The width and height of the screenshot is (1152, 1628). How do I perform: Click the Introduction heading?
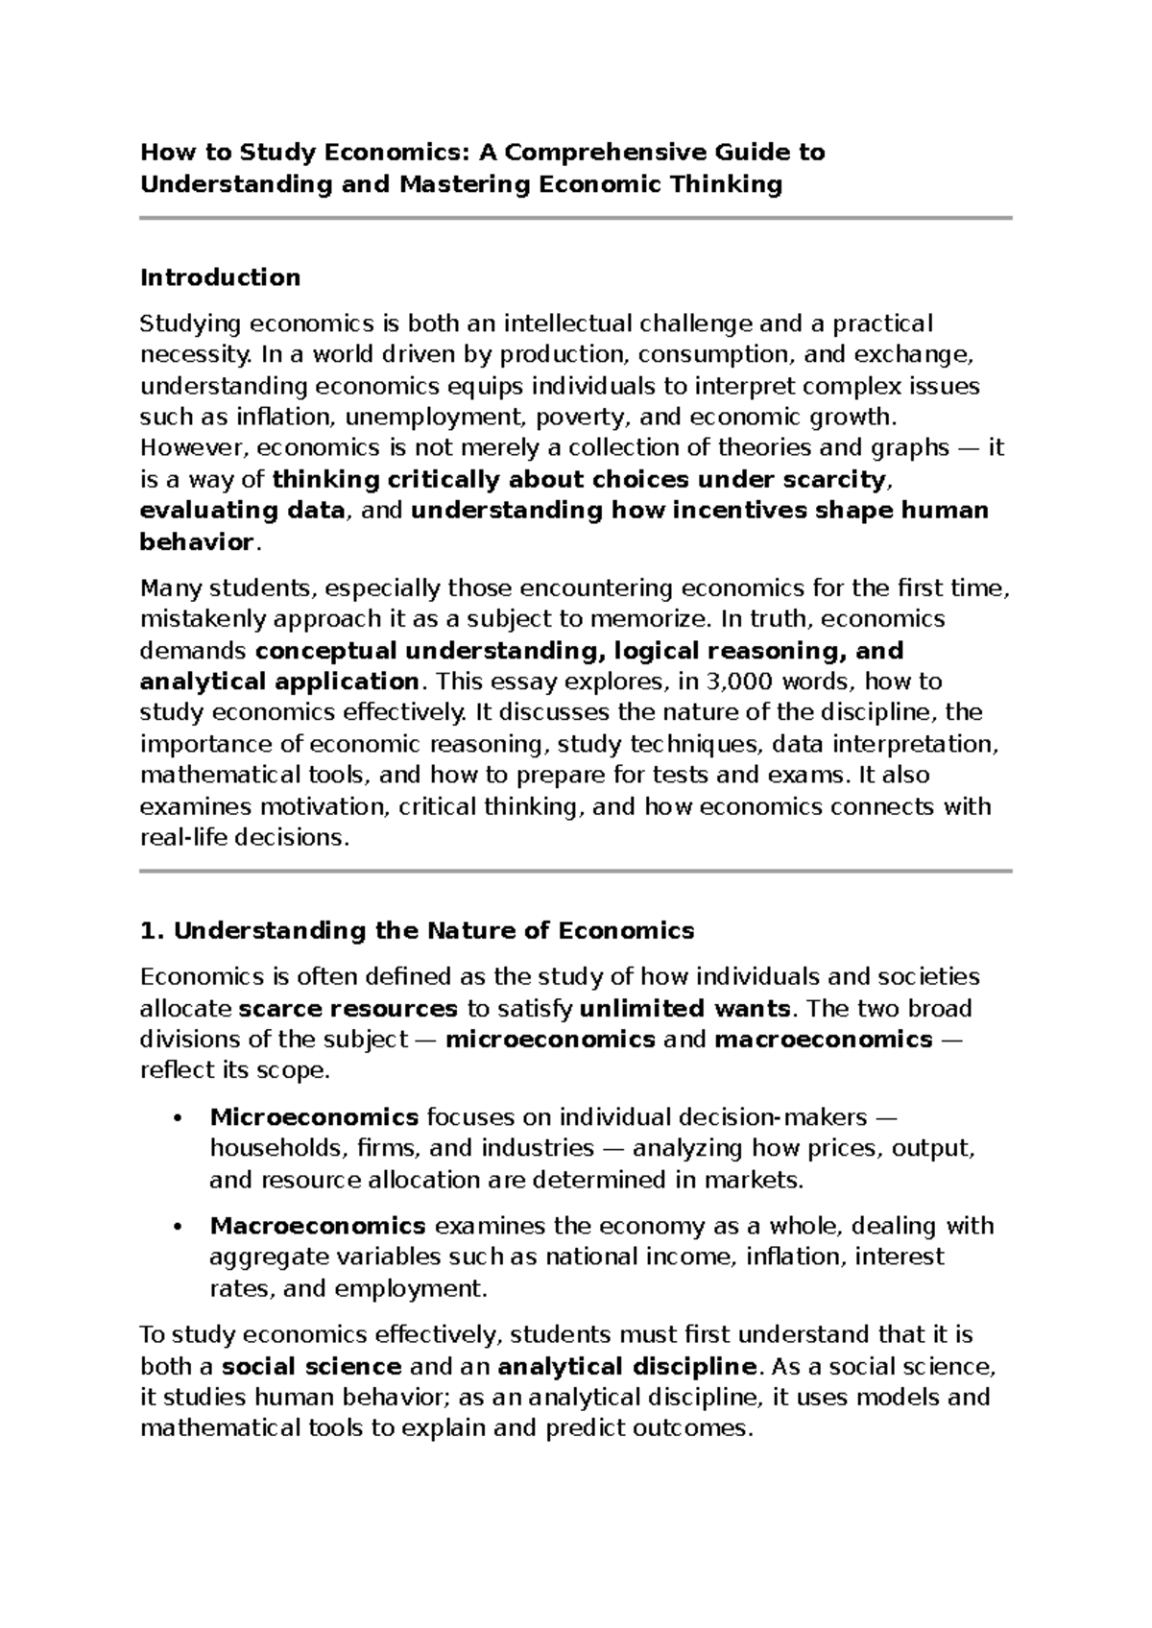point(220,278)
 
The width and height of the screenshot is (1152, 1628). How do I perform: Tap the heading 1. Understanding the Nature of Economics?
point(417,931)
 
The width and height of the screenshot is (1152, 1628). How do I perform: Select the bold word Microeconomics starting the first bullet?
point(314,1117)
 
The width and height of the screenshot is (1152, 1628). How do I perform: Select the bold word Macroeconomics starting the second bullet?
point(318,1226)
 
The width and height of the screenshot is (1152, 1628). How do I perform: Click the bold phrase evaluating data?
point(242,511)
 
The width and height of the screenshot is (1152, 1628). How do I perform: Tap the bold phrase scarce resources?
point(348,1009)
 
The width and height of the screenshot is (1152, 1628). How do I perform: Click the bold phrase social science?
point(311,1366)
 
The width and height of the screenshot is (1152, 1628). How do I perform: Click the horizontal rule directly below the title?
point(576,219)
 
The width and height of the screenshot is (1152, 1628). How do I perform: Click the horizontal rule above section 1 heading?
point(576,871)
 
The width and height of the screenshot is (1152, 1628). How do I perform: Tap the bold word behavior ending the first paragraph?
point(196,542)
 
